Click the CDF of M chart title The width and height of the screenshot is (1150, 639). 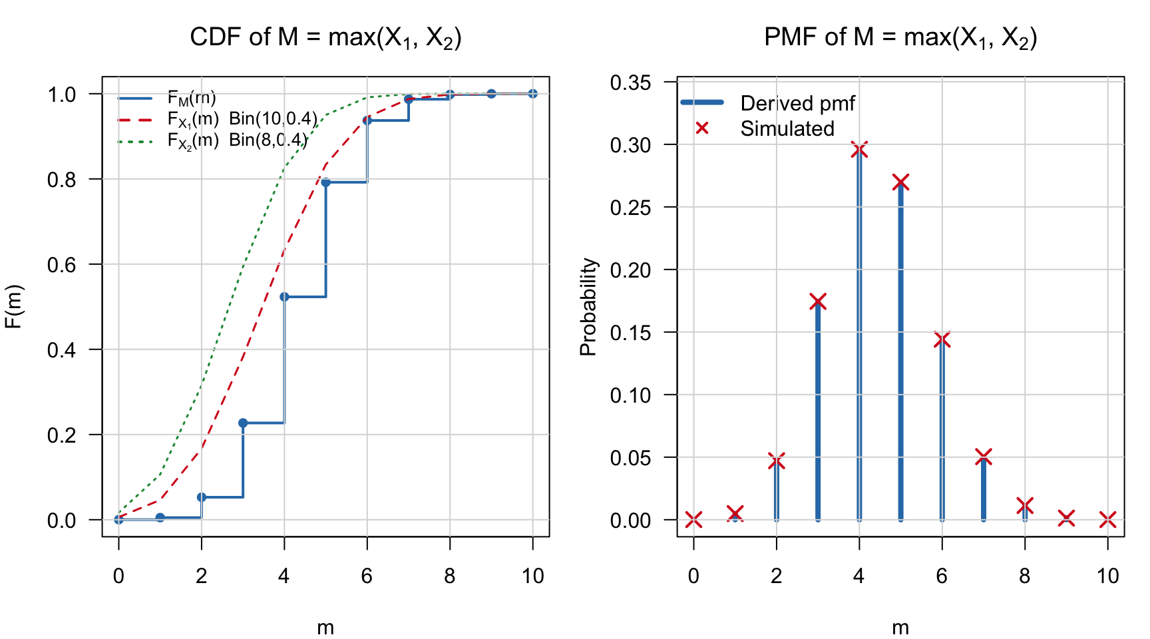(325, 37)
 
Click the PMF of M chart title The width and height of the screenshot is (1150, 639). (900, 37)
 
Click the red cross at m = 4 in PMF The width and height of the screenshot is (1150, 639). (859, 150)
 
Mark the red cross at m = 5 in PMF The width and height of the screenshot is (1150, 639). (900, 182)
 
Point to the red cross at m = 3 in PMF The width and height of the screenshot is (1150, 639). (818, 302)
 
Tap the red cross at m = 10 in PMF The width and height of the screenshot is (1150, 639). (1107, 520)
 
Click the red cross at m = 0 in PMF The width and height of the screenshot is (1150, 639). (693, 520)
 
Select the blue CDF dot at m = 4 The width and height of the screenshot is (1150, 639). (284, 297)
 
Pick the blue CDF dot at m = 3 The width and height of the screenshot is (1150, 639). (243, 423)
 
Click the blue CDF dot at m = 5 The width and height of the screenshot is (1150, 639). (326, 182)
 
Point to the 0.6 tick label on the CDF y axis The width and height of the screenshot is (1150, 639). (62, 265)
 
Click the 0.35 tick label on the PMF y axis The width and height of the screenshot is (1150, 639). (630, 83)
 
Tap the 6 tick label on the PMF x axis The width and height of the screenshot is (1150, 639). (942, 576)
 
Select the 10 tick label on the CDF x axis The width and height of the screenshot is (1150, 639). (532, 576)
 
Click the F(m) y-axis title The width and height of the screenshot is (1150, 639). (15, 307)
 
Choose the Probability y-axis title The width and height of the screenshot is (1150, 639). (588, 307)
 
